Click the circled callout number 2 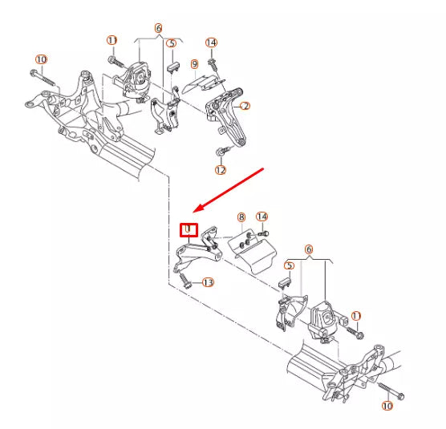click(x=245, y=106)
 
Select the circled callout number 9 click(x=194, y=63)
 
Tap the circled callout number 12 click(x=221, y=170)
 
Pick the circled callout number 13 click(x=208, y=282)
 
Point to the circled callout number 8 click(x=241, y=217)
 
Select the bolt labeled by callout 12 click(x=219, y=152)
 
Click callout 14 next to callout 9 click(x=212, y=42)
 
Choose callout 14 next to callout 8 click(x=262, y=217)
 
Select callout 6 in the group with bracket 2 click(x=159, y=28)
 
